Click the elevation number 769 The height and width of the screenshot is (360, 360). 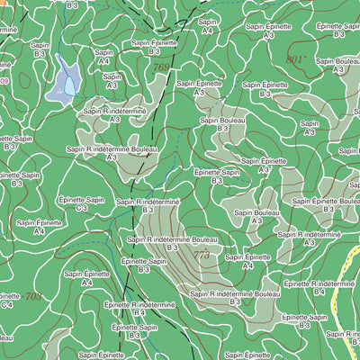(161, 67)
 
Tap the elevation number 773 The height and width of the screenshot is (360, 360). (201, 256)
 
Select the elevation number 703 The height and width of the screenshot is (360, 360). (33, 296)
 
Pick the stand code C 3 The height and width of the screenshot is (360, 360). (81, 208)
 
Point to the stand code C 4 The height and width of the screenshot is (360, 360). (8, 305)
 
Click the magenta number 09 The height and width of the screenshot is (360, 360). (4, 81)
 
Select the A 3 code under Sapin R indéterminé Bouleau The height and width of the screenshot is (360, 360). (112, 157)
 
